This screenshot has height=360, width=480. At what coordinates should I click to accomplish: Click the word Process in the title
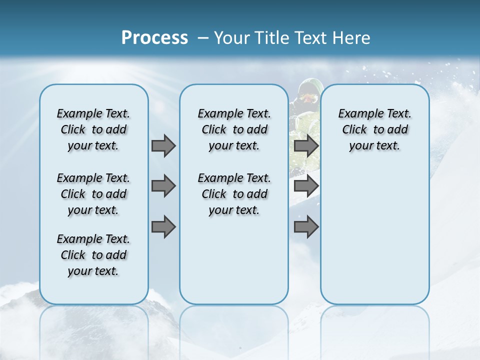154,38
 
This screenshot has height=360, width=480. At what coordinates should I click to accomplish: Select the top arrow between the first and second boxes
163,145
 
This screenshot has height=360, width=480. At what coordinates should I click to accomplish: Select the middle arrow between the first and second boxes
163,186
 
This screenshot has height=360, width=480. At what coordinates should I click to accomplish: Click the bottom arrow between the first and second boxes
163,227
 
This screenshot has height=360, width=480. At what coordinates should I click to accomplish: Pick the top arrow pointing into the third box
306,145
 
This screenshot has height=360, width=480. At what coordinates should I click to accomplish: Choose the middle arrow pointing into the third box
306,186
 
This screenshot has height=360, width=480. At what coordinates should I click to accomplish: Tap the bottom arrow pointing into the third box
306,227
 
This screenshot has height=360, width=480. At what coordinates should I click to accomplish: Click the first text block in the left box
93,129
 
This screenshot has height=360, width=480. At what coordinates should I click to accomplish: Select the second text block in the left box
93,194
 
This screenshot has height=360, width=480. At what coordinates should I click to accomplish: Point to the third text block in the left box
93,255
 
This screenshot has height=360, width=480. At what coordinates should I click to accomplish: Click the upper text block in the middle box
234,129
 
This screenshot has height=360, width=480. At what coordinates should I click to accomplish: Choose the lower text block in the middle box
234,194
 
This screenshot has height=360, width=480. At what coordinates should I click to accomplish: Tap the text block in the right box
374,129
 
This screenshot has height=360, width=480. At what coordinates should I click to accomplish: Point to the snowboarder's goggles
308,98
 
